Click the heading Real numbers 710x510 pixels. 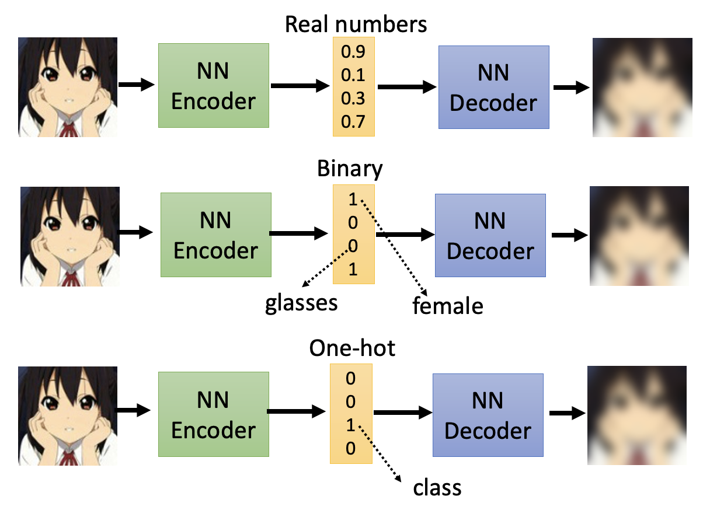(x=356, y=25)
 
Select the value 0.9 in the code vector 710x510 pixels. (x=353, y=53)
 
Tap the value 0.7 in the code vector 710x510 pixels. (x=353, y=122)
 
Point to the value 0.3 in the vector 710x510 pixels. (x=353, y=99)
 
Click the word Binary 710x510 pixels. (x=350, y=169)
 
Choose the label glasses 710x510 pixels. (x=301, y=303)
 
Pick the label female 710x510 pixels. (x=448, y=306)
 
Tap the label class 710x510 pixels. (x=437, y=487)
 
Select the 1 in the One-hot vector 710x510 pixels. (x=350, y=425)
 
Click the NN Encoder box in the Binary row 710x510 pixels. (x=215, y=235)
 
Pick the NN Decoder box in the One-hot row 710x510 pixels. (x=488, y=415)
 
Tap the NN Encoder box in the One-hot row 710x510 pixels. (x=213, y=415)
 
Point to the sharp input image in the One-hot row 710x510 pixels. (x=68, y=415)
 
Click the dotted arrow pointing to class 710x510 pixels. (x=380, y=453)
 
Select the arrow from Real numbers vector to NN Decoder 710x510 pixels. (x=407, y=87)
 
